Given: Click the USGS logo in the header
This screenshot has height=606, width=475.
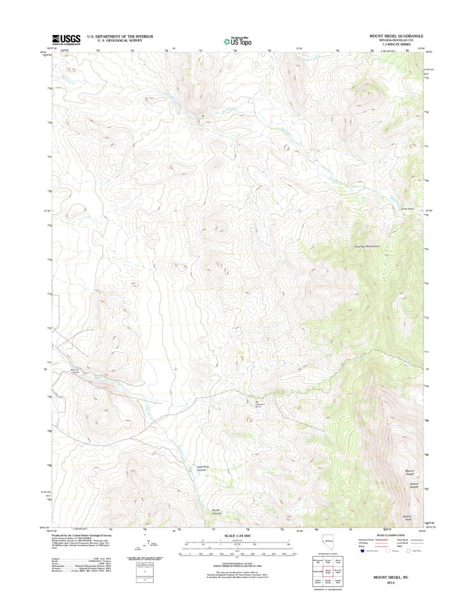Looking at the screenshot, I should pyautogui.click(x=66, y=40).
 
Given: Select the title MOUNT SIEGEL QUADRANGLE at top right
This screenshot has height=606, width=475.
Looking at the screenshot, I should pyautogui.click(x=397, y=36).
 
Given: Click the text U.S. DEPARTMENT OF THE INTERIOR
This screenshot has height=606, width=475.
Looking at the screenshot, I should pyautogui.click(x=120, y=36).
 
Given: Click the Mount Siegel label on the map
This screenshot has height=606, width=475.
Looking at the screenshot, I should pyautogui.click(x=411, y=473).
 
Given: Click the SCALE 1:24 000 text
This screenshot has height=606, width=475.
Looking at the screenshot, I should pyautogui.click(x=237, y=535).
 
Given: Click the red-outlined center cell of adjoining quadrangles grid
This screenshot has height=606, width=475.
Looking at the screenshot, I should pyautogui.click(x=327, y=572).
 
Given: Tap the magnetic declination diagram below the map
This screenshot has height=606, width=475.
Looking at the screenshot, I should pyautogui.click(x=150, y=545).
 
